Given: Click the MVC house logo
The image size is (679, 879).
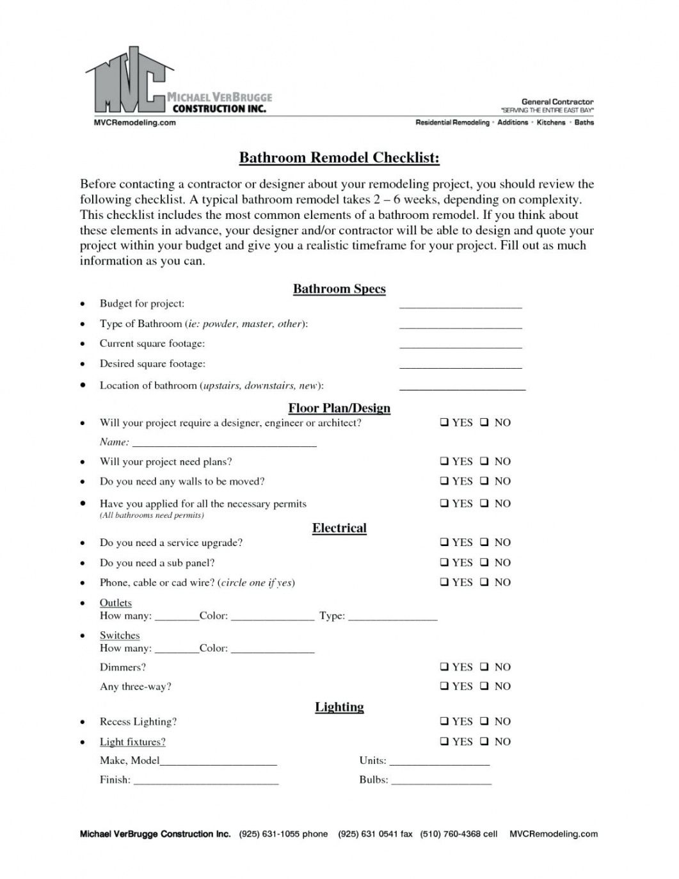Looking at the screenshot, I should click(128, 81).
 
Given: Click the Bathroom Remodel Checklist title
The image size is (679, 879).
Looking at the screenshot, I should click(339, 157).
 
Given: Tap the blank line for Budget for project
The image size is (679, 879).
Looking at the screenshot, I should click(461, 306).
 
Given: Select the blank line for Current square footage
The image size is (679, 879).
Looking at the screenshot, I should click(461, 346).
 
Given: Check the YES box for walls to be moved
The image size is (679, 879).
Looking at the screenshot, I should click(443, 481).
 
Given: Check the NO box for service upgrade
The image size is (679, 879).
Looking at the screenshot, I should click(485, 543).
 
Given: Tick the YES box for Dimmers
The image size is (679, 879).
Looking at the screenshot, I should click(443, 667).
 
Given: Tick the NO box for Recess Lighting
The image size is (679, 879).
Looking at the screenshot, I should click(485, 722).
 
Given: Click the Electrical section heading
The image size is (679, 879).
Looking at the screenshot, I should click(339, 528).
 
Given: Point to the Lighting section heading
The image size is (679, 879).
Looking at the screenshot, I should click(339, 707).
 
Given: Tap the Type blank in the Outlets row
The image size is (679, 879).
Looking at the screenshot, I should click(393, 618).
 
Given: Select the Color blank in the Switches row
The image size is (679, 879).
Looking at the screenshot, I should click(273, 650).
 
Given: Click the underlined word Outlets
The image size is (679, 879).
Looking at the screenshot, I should click(116, 602).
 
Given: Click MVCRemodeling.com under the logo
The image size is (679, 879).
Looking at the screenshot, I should click(131, 122).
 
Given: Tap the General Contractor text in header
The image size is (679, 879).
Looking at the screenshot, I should click(557, 101).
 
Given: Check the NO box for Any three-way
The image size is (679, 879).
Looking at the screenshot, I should click(485, 686).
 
